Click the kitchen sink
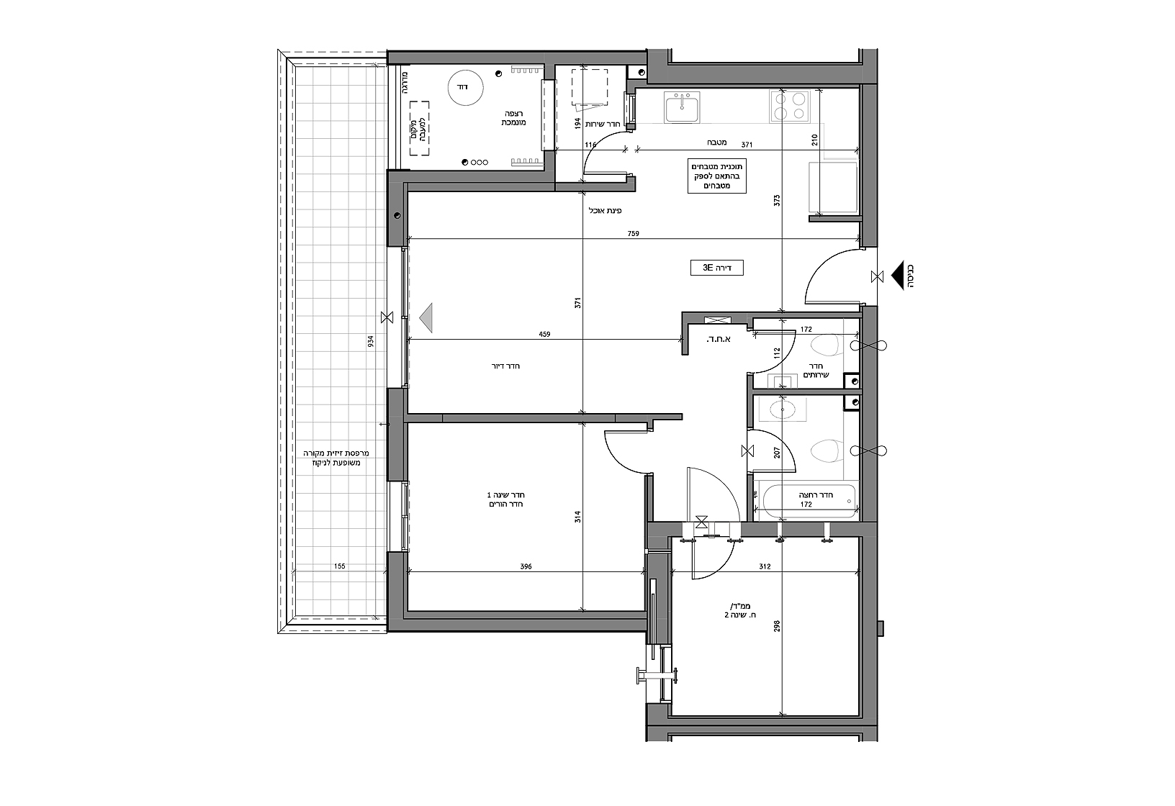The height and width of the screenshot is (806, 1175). point(681,107)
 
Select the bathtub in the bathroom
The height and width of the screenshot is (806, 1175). point(809,501)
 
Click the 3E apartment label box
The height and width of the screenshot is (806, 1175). point(716,268)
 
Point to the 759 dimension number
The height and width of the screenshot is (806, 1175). point(633,234)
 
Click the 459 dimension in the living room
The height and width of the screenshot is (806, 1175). point(544,334)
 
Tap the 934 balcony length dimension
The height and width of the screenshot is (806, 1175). point(371,342)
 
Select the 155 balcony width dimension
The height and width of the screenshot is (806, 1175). point(339,566)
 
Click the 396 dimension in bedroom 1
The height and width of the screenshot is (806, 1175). point(526,566)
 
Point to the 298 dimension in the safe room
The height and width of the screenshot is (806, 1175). point(777,625)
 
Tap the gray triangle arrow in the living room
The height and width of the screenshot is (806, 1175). point(426,318)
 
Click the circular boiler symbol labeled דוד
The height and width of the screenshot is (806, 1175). point(465,88)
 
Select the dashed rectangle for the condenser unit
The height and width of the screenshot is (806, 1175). point(420,129)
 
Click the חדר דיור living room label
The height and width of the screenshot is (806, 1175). point(505,366)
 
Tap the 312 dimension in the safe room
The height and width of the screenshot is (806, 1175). point(765,566)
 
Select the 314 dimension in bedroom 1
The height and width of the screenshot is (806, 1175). point(577,517)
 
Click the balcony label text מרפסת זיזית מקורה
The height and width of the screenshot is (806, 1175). point(336,453)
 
